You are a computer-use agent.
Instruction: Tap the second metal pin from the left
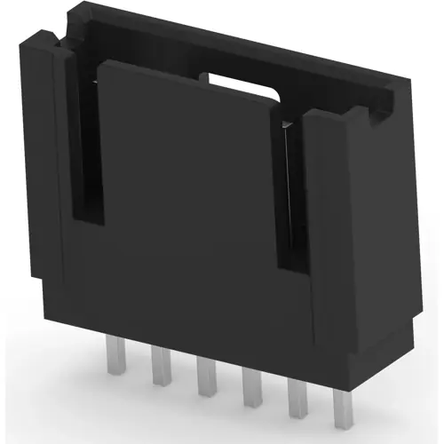[161, 365]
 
